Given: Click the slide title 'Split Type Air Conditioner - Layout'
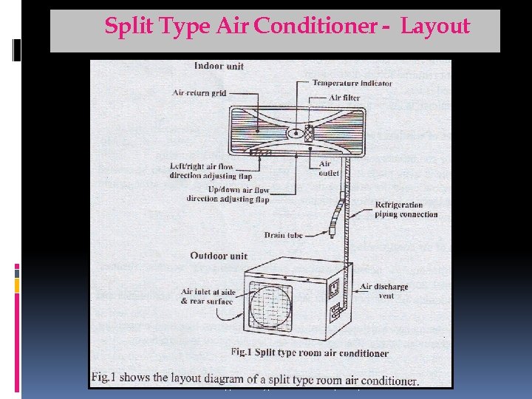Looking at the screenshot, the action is (x=287, y=27).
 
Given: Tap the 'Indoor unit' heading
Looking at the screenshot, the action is (x=219, y=66).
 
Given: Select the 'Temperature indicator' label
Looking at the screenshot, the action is (x=352, y=83).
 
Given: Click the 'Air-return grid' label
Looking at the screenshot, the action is (x=199, y=94).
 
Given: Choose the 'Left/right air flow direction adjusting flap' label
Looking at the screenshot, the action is (x=201, y=171).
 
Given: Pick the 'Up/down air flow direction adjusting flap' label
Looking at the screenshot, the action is (x=228, y=194).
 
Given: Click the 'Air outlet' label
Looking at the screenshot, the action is (x=329, y=168).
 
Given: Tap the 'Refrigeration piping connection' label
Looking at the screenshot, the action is (x=406, y=210).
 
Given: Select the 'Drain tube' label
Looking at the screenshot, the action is (x=284, y=235).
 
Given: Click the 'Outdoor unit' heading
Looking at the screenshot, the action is (x=219, y=256).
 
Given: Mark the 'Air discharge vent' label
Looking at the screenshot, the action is (x=383, y=291).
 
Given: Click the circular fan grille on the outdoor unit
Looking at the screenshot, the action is (x=270, y=304).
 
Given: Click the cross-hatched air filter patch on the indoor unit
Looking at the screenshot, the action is (x=309, y=134).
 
